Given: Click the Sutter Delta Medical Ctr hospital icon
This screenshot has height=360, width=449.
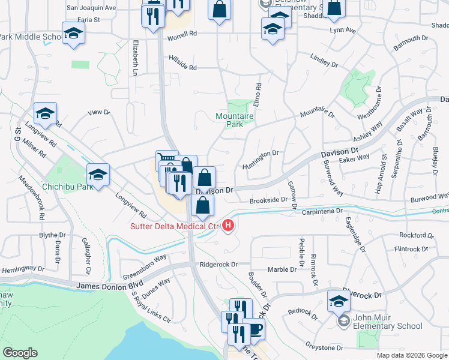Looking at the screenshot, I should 228,226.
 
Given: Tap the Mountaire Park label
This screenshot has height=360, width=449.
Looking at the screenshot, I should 230,120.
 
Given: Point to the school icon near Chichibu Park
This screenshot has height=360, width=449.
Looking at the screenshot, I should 98,175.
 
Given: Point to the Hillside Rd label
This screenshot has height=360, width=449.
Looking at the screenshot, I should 183,68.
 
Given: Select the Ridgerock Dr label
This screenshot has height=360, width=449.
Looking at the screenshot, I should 219,264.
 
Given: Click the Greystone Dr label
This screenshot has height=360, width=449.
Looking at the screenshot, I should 324,347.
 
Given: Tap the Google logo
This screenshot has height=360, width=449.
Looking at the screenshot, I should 20,353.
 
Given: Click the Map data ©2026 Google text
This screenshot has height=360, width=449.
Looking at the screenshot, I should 411,355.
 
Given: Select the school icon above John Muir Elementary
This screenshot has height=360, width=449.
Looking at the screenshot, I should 339,301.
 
